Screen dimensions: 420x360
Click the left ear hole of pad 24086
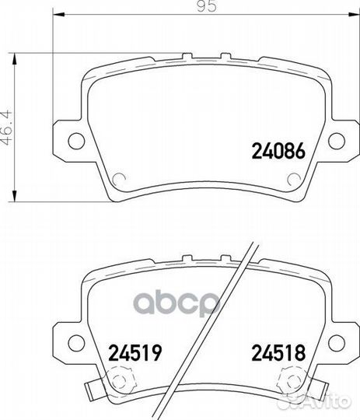coord(76,141)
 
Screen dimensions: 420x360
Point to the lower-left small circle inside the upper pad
coord(119,180)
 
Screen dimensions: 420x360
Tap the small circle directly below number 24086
coord(293,180)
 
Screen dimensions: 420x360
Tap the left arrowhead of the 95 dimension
coord(57,16)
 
